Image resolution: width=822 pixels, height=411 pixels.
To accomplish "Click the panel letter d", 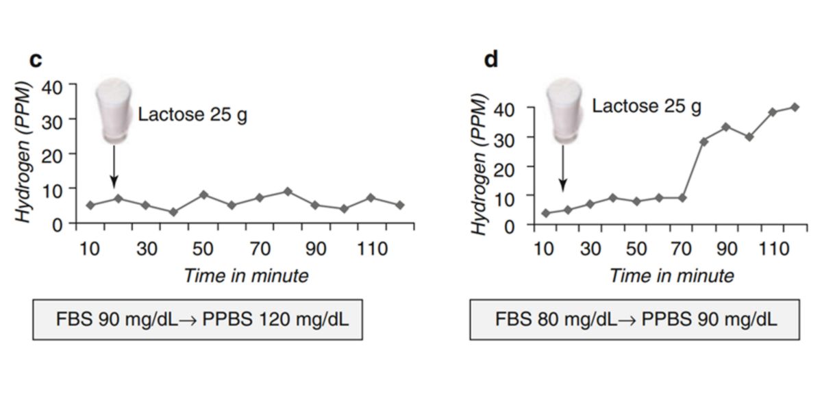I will (491, 60).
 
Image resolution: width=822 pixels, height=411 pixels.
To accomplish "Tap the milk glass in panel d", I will (564, 110).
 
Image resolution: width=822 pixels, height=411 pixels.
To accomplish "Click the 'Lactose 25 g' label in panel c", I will (192, 114).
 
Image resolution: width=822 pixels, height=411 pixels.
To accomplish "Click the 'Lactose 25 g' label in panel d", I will (646, 106).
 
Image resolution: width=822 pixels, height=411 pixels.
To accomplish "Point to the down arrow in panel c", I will (114, 167).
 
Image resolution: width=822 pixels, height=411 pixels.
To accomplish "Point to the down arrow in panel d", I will (562, 168).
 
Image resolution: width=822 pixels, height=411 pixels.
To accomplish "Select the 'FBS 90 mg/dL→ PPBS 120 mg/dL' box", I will (198, 319).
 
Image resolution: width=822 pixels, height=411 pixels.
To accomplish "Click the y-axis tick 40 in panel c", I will (53, 88).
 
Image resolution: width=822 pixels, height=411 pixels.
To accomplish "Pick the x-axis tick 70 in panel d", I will (682, 248).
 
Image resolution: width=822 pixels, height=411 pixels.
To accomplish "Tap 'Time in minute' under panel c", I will (246, 276).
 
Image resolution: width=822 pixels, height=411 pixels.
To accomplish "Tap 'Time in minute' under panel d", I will (671, 276).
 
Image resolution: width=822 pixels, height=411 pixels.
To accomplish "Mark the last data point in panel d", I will (795, 107).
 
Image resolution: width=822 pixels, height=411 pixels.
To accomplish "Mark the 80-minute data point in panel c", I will (288, 191).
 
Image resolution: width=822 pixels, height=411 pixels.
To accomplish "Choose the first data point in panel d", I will (546, 213).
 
